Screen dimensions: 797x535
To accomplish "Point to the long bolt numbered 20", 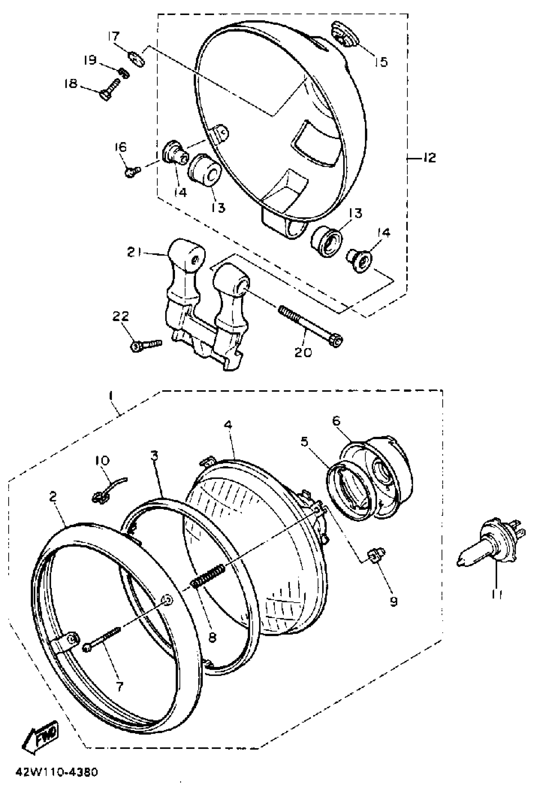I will point(309,322).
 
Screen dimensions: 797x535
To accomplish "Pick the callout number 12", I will point(429,158).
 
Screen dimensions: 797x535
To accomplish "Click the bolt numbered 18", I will point(110,89).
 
